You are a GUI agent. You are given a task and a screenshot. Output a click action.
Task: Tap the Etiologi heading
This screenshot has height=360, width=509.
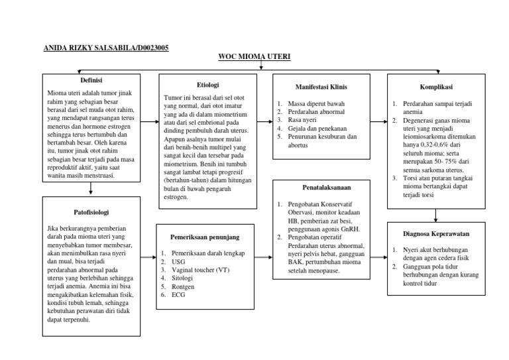209,85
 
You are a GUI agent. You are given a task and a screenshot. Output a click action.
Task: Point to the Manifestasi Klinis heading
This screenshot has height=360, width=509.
321,87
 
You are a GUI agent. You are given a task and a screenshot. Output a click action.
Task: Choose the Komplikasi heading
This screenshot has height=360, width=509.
436,86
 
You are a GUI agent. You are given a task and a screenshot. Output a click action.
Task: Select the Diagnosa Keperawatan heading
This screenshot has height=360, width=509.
436,233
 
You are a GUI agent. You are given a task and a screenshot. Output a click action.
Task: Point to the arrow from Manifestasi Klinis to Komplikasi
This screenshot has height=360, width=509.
378,121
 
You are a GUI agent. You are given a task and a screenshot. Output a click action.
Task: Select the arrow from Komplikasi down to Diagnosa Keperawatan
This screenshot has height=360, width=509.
436,215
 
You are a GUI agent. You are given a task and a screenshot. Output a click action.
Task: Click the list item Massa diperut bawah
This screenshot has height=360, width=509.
311,104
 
